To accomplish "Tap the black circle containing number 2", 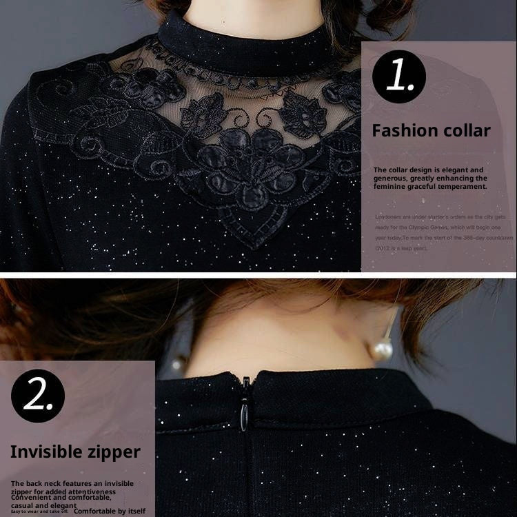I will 38,396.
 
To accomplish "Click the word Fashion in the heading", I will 405,131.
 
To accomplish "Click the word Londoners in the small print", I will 391,216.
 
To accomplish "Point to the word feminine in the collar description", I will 389,186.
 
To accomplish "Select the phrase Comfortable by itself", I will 110,511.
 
